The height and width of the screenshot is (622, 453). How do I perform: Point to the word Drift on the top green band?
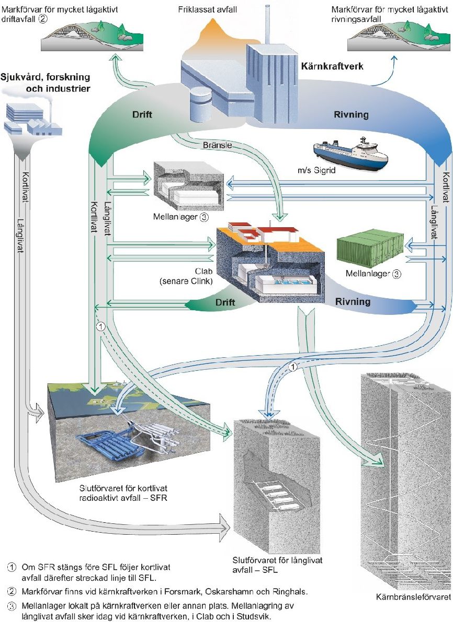[x=142, y=114]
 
